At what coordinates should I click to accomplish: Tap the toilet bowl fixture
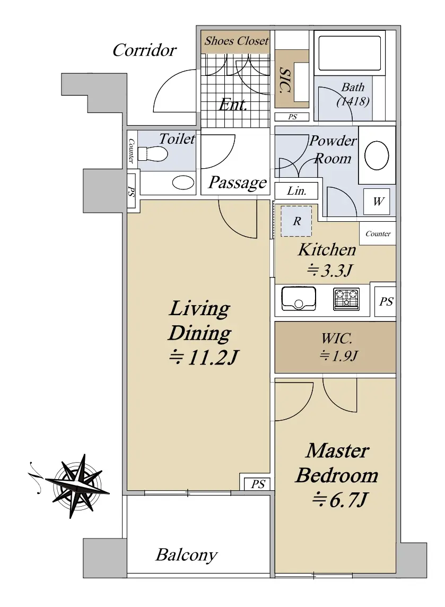(x=153, y=154)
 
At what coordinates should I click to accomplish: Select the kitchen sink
(x=298, y=299)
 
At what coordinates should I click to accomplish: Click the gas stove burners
(x=346, y=299)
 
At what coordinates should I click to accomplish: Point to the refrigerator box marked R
(x=296, y=221)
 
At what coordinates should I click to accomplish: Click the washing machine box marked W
(x=378, y=202)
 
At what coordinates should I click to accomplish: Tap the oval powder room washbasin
(x=377, y=155)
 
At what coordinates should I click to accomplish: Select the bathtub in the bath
(x=347, y=53)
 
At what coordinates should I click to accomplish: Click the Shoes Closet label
(x=236, y=41)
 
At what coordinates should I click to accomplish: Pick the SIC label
(x=285, y=80)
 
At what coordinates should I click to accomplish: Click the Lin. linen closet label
(x=296, y=191)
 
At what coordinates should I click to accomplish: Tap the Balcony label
(x=186, y=555)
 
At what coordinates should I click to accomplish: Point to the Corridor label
(x=144, y=50)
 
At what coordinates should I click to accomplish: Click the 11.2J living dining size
(x=204, y=357)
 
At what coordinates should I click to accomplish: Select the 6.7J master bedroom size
(x=339, y=500)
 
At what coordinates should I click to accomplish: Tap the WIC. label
(x=337, y=339)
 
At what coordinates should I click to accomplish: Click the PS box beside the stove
(x=386, y=301)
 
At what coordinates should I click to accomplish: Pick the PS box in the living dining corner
(x=258, y=484)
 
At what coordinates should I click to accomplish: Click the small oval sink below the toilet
(x=183, y=183)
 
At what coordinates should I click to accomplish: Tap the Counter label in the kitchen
(x=378, y=234)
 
